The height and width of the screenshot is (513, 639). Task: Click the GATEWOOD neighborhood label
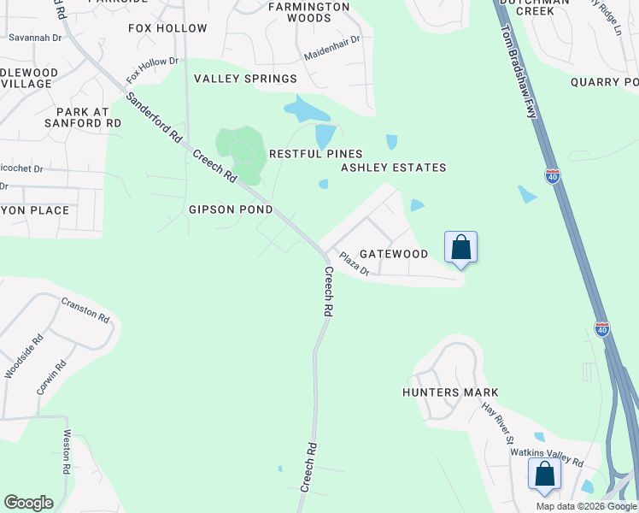click(x=393, y=254)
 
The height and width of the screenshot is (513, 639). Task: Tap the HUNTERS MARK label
click(x=450, y=392)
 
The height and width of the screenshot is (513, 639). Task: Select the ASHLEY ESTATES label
click(x=394, y=168)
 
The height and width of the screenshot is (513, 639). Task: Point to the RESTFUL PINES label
click(x=316, y=153)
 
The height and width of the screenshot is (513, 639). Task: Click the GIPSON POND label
click(x=231, y=209)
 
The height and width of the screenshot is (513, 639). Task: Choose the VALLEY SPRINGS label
click(x=245, y=79)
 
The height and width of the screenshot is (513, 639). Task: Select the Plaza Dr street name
click(x=353, y=263)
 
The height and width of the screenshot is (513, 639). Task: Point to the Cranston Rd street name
click(x=85, y=310)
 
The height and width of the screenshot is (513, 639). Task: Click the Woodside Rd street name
click(x=19, y=359)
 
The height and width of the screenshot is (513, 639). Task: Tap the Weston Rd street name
click(x=66, y=451)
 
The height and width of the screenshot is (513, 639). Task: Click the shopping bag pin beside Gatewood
click(x=460, y=247)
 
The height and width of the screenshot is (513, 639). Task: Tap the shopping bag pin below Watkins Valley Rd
click(x=544, y=474)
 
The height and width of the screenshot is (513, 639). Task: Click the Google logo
click(x=28, y=503)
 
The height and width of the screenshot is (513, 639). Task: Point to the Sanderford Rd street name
click(x=155, y=117)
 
